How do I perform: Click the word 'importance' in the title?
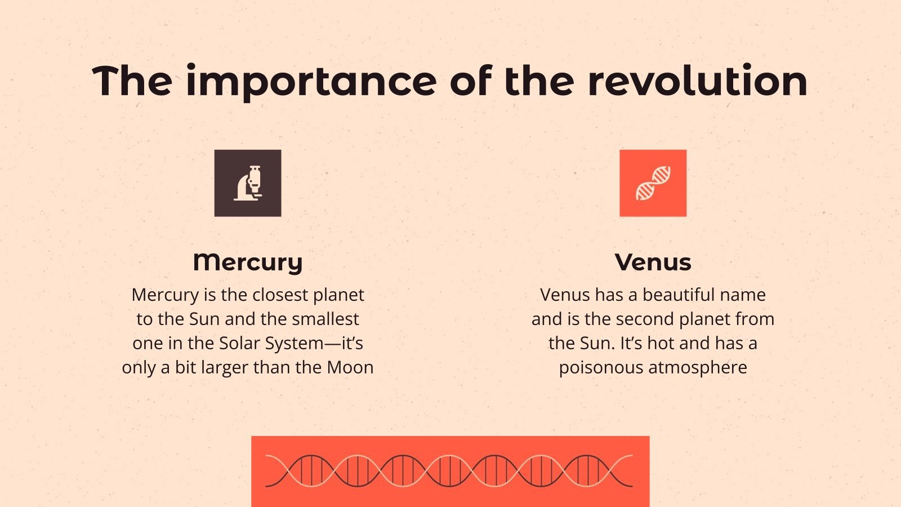tap(311, 82)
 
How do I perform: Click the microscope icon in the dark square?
tap(248, 183)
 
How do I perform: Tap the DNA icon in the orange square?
tap(653, 183)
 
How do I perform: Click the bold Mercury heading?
tap(248, 262)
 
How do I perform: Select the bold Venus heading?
tap(653, 262)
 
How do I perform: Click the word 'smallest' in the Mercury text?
tap(331, 319)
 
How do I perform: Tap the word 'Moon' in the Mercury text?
tap(350, 367)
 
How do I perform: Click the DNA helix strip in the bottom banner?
tap(450, 471)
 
